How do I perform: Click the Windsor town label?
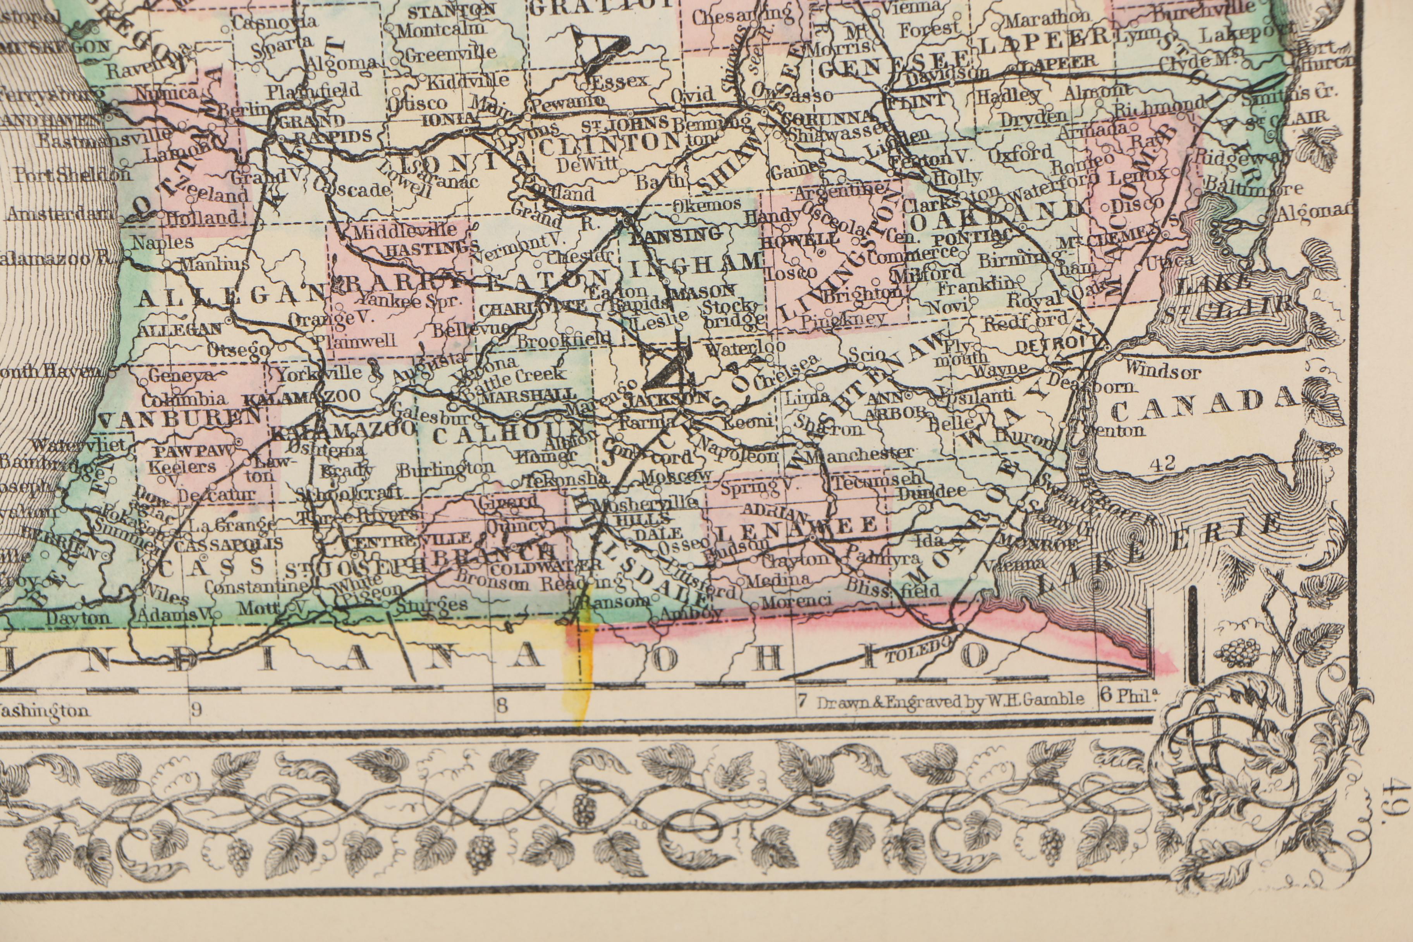coord(1162,372)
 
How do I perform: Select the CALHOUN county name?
coord(508,433)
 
